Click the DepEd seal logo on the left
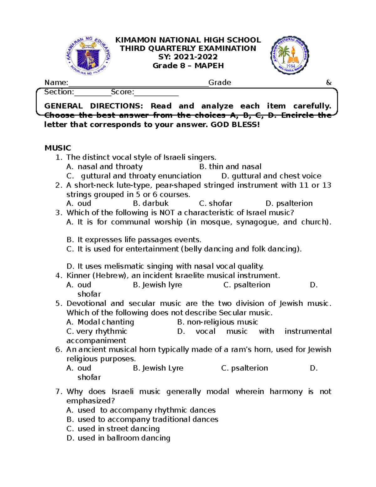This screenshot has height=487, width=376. pyautogui.click(x=88, y=56)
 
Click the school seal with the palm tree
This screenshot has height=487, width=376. pyautogui.click(x=290, y=55)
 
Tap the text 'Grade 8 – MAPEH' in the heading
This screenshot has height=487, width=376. pyautogui.click(x=188, y=66)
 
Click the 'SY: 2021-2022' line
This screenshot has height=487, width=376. pyautogui.click(x=188, y=57)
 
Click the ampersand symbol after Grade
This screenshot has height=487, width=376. pyautogui.click(x=328, y=82)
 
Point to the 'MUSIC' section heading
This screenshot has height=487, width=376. pyautogui.click(x=58, y=148)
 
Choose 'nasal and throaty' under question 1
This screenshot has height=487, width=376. pyautogui.click(x=110, y=167)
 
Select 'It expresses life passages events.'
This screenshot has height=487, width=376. pyautogui.click(x=139, y=240)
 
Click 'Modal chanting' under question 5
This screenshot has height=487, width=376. pyautogui.click(x=106, y=322)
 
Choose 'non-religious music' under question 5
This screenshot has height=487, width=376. pyautogui.click(x=222, y=322)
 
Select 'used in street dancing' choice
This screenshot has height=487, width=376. pyautogui.click(x=118, y=428)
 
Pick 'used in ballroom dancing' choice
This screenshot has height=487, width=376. pyautogui.click(x=124, y=438)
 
